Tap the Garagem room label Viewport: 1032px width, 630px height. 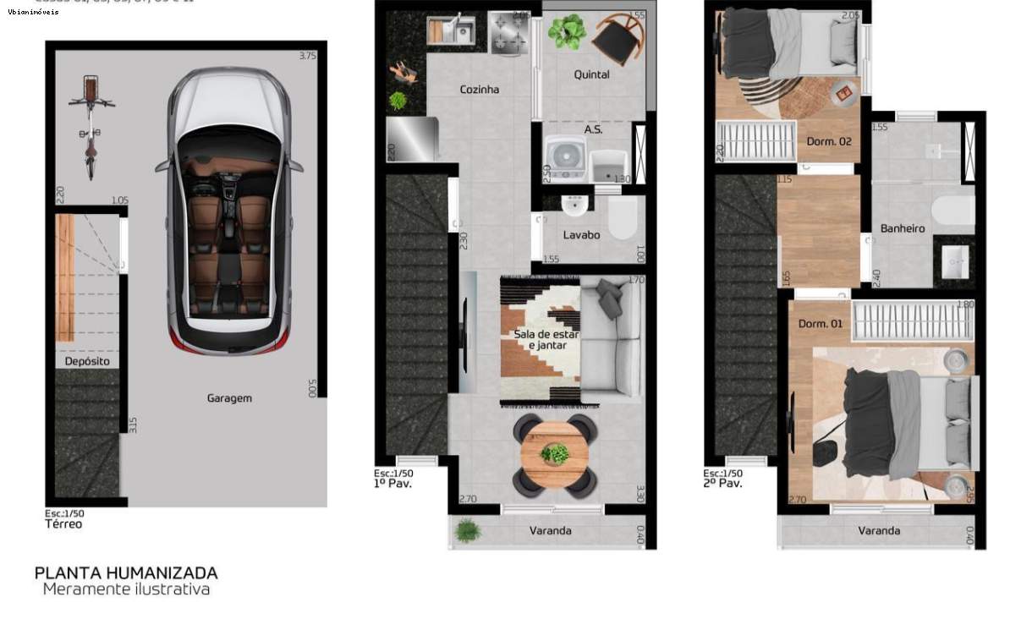(x=229, y=397)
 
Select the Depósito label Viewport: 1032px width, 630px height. (x=87, y=361)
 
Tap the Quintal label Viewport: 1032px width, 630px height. (x=591, y=74)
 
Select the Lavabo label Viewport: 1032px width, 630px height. (x=581, y=235)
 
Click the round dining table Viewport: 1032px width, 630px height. (x=554, y=454)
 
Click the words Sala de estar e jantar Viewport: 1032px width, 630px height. (x=546, y=339)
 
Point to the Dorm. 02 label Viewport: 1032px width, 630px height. (x=828, y=141)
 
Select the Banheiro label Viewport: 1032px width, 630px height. (x=902, y=228)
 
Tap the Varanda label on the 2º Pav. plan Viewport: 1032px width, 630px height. (x=878, y=531)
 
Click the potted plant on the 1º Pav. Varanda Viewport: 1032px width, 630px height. (x=467, y=531)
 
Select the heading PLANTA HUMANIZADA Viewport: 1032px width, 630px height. (x=126, y=572)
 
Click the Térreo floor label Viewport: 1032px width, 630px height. (x=63, y=524)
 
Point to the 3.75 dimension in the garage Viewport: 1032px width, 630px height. (x=307, y=57)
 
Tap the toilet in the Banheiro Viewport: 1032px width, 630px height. (x=952, y=210)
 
